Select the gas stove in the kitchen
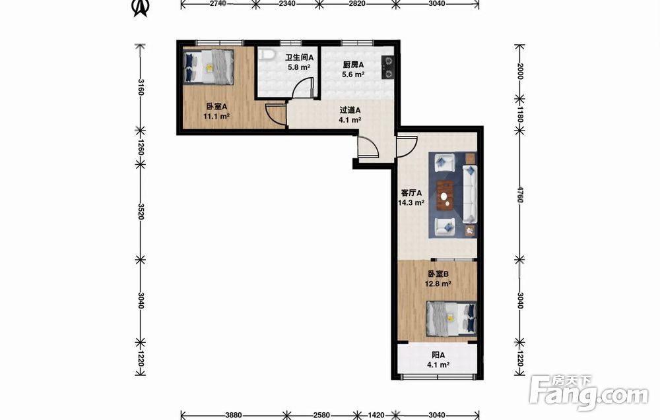click(x=387, y=67)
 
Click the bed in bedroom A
click(x=209, y=67)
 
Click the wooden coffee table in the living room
click(x=445, y=195)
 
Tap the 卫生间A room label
click(x=299, y=57)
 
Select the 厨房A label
click(x=352, y=65)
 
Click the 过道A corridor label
click(x=350, y=110)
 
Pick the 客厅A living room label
click(x=411, y=193)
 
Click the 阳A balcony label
click(x=438, y=355)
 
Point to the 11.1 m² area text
click(x=216, y=117)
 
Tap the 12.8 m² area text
click(x=438, y=284)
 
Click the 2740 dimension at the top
click(x=218, y=3)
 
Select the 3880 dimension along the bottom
click(x=233, y=415)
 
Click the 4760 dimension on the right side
click(x=520, y=195)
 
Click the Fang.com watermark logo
click(x=589, y=393)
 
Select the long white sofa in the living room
click(x=470, y=194)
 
